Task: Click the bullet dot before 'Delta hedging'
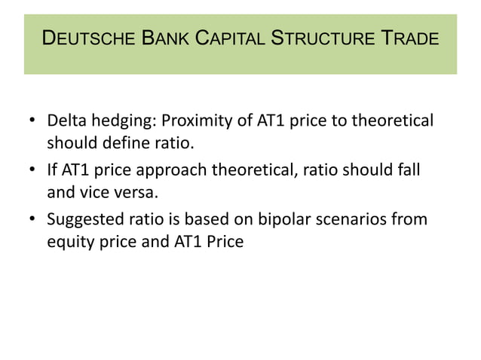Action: coord(32,121)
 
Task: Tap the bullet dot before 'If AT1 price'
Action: coord(32,171)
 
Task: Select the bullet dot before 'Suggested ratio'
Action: coord(32,220)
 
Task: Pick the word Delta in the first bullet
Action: coord(64,121)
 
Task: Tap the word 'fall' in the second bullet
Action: coord(408,170)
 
